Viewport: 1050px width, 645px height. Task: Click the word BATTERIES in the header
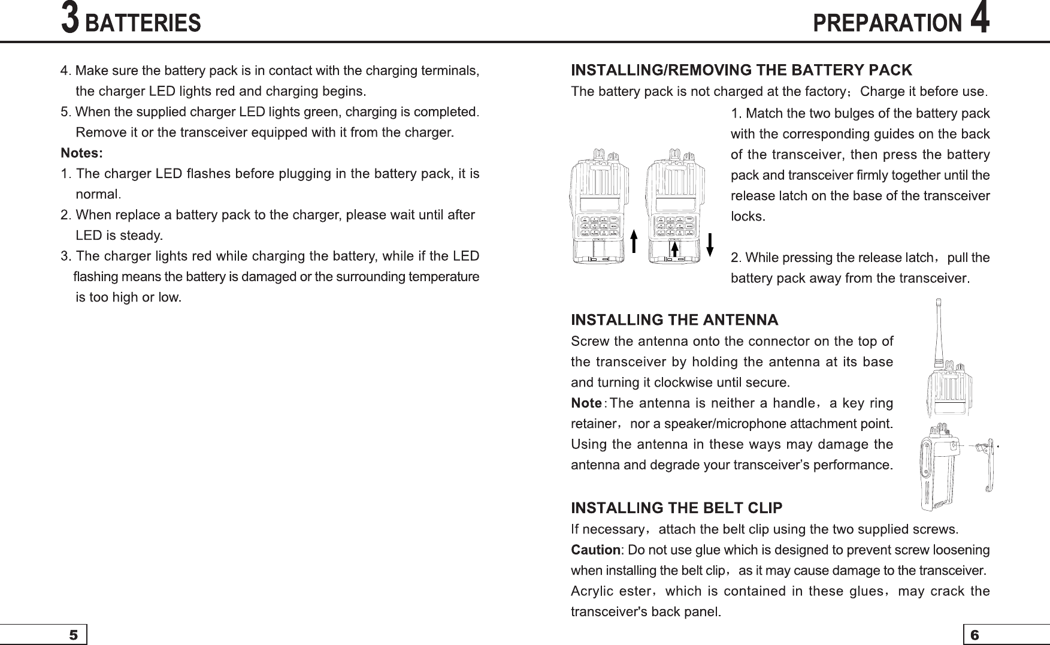point(143,23)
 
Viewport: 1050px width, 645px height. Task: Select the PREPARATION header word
point(887,23)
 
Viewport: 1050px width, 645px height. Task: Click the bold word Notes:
point(82,153)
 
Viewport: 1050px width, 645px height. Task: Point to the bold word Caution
point(595,550)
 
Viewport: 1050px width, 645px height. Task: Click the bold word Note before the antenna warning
point(586,403)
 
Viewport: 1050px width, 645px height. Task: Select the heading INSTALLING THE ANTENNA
point(674,320)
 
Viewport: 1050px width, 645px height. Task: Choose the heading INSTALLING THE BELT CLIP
point(676,508)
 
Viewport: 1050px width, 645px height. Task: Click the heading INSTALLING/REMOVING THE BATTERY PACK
point(742,70)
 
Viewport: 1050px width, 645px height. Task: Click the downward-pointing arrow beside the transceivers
point(710,244)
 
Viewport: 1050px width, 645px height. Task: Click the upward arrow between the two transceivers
point(634,243)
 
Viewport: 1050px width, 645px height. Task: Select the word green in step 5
point(321,112)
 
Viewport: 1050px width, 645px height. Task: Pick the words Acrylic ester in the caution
point(610,591)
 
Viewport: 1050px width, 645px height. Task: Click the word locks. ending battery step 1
point(748,216)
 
